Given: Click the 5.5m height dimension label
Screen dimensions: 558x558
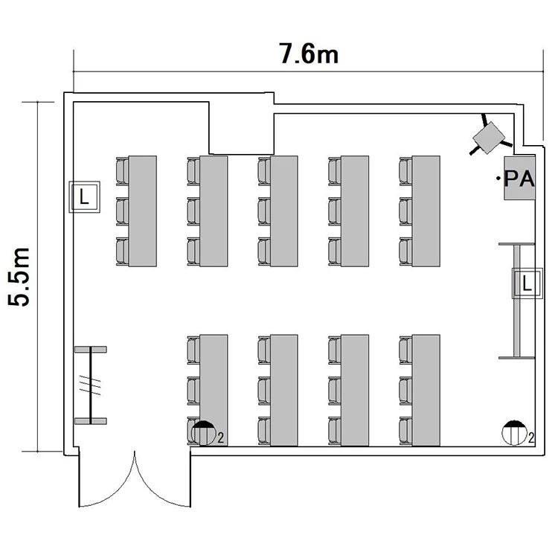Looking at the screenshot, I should tap(19, 277).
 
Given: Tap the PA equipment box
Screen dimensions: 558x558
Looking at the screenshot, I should tap(519, 179).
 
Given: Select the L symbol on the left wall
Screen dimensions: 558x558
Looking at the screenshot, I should tap(84, 198).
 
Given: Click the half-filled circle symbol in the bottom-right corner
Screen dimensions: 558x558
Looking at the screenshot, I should tap(515, 432).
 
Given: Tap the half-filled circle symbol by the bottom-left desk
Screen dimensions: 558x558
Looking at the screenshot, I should tap(202, 432).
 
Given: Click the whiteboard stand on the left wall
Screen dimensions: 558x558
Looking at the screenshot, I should tap(91, 385).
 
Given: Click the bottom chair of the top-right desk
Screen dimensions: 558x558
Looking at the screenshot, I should tap(405, 251).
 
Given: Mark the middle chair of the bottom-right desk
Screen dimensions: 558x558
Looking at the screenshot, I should tap(405, 389).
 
